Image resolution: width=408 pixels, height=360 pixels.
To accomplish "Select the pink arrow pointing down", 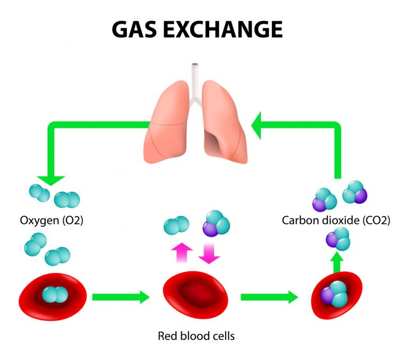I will pos(209,254).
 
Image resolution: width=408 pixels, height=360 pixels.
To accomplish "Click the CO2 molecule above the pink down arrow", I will pos(216,224).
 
